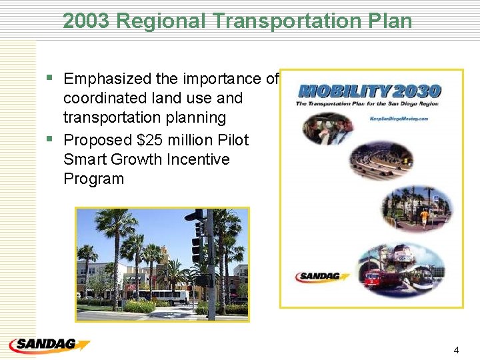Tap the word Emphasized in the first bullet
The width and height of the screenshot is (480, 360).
[x=107, y=79]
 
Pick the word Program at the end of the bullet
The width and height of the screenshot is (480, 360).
[x=93, y=179]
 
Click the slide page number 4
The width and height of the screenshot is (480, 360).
[x=456, y=350]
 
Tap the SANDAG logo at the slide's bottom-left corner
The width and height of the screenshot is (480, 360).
[x=49, y=345]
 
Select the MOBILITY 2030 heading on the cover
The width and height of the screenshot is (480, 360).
[x=370, y=91]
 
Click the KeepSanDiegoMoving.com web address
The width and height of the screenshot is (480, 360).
[x=398, y=118]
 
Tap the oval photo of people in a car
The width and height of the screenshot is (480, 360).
[x=329, y=129]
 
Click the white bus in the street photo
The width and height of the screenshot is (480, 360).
[x=163, y=297]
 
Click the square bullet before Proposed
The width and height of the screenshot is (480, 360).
[x=49, y=140]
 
